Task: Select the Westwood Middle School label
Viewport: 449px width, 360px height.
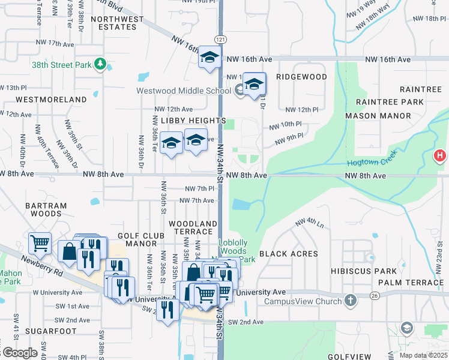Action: click(183, 91)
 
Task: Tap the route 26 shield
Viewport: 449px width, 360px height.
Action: click(374, 295)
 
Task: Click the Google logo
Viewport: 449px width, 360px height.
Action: click(19, 353)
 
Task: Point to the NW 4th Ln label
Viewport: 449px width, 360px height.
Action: click(309, 224)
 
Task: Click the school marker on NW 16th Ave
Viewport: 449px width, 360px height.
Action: click(209, 58)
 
